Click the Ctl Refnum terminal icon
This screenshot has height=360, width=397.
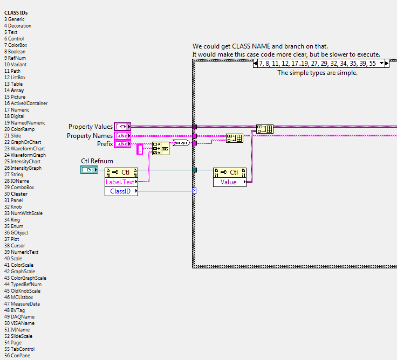tap(88, 170)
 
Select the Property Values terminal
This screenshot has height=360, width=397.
tap(122, 127)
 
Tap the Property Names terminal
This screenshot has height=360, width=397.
tap(122, 136)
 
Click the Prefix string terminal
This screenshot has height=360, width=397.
tap(122, 144)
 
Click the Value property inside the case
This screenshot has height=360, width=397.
tap(229, 182)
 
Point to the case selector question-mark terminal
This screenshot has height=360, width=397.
tap(194, 191)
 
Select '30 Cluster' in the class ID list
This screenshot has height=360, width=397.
tap(16, 194)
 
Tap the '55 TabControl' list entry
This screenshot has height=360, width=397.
tap(19, 349)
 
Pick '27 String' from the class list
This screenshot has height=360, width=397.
tap(15, 175)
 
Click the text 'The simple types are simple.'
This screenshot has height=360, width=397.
tap(317, 73)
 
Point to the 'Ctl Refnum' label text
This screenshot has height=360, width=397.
tap(97, 161)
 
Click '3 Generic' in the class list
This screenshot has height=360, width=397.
tap(14, 19)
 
